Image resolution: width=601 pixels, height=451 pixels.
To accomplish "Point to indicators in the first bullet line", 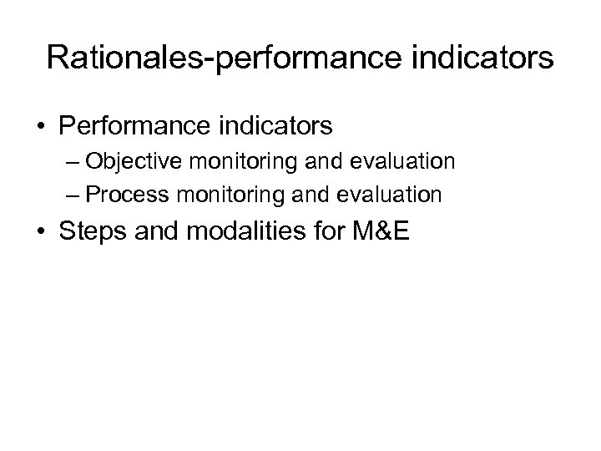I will [x=275, y=126].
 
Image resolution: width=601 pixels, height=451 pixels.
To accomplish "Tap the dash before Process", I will [x=73, y=195].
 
